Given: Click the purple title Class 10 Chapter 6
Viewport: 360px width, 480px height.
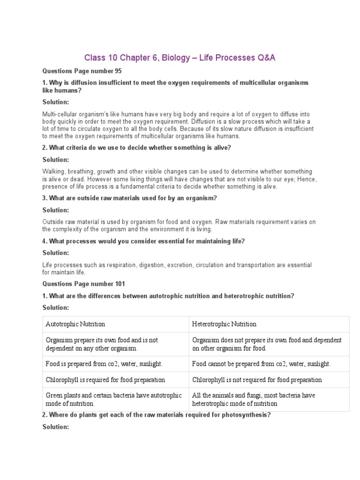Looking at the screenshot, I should pos(180,58).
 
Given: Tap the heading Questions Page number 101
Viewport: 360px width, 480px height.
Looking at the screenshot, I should pos(84,284).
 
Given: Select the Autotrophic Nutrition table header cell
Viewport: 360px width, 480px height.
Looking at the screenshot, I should pos(75,324).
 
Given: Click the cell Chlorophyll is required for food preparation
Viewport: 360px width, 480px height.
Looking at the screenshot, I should pos(105,380).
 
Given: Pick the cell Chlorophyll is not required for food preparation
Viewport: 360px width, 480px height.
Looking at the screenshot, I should pos(257,380).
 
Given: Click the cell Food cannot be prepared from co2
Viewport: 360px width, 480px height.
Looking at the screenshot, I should pos(262,364).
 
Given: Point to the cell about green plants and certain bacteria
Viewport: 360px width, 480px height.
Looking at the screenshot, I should pos(114,399).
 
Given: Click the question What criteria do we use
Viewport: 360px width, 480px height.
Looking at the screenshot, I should pos(137,148).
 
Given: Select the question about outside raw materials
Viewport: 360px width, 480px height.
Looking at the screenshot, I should pos(130,198).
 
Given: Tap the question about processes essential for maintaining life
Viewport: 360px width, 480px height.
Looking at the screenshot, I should pos(144,241).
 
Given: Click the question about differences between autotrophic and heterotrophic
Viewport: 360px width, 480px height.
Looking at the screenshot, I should pos(168,296).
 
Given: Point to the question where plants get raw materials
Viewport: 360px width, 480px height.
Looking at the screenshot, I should pos(157,415).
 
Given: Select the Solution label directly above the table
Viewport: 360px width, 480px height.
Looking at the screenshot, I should pos(56,307).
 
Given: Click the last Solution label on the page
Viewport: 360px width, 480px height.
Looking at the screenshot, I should pos(56,427).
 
